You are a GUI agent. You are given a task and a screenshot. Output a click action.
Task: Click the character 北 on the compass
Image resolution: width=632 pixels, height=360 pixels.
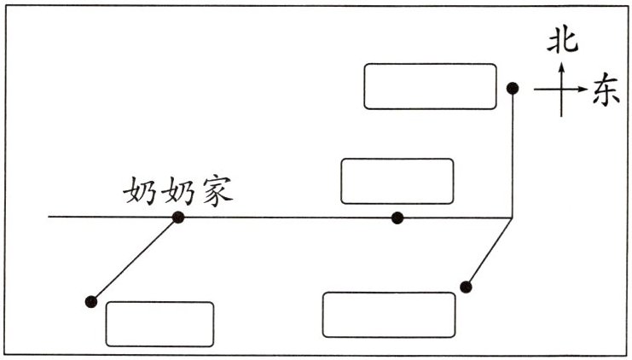[562, 39]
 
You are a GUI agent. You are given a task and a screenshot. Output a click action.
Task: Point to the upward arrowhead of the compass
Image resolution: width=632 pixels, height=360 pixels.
[562, 65]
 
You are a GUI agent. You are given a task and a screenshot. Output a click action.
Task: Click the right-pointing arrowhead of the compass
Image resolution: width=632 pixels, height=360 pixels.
[583, 89]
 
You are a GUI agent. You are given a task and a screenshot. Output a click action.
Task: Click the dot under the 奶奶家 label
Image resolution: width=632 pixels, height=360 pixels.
[178, 218]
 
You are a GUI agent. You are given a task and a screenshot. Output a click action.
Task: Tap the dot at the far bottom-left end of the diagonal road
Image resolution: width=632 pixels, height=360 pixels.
[91, 301]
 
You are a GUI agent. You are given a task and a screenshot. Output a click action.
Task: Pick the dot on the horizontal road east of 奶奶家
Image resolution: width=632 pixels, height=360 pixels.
[397, 218]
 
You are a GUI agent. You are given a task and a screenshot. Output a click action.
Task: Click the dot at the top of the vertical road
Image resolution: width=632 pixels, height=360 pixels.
[513, 88]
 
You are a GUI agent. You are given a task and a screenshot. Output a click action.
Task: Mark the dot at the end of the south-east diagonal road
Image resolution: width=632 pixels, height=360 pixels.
[466, 287]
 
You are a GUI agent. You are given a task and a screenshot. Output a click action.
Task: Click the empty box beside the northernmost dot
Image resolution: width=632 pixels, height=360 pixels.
[430, 86]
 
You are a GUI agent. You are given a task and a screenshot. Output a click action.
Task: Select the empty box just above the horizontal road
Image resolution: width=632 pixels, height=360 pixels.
[397, 181]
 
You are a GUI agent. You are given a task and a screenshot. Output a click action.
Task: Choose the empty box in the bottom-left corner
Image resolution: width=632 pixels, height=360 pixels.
[159, 323]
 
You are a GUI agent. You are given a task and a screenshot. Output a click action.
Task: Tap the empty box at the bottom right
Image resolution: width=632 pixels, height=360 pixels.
[389, 314]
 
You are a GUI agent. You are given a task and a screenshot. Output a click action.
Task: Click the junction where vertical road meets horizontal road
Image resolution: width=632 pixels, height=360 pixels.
[512, 218]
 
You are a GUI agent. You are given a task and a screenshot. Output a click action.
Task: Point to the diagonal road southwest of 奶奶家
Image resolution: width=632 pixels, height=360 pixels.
[135, 259]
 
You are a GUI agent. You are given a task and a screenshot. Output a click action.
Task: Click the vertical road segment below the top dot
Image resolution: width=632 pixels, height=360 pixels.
[513, 154]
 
